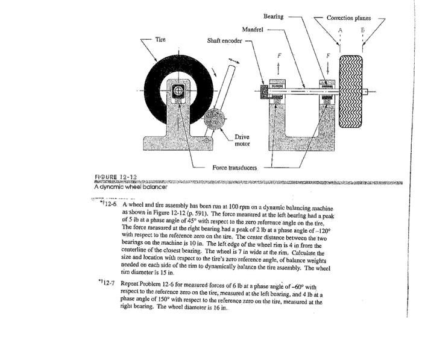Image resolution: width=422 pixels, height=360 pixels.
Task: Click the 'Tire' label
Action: pyautogui.click(x=160, y=39)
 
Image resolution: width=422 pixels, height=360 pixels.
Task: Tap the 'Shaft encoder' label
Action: pyautogui.click(x=224, y=41)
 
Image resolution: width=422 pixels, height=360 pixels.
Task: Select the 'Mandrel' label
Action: pyautogui.click(x=253, y=29)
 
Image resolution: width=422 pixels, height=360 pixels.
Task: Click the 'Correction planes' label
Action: pyautogui.click(x=349, y=18)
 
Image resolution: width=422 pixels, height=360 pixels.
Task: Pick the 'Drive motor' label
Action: pyautogui.click(x=242, y=140)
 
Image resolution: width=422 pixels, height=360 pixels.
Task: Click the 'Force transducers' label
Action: pyautogui.click(x=235, y=167)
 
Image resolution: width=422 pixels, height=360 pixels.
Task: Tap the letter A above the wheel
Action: pyautogui.click(x=340, y=29)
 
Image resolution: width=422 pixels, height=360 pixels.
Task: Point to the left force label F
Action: pyautogui.click(x=279, y=55)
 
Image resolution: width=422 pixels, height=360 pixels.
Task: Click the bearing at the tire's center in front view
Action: pyautogui.click(x=178, y=91)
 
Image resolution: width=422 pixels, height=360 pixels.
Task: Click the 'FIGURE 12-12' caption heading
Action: pyautogui.click(x=116, y=177)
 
